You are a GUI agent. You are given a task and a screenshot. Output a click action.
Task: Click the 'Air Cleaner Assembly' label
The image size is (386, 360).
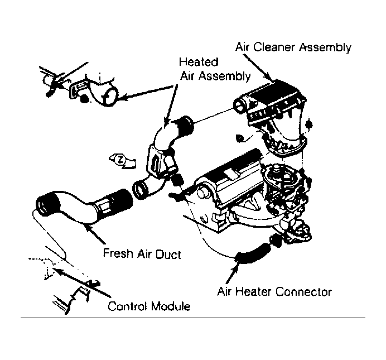coord(293,47)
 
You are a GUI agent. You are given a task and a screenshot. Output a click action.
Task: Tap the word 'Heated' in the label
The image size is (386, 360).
coord(199,62)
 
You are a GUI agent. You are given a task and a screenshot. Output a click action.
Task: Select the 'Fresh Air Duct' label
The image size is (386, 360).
coord(142,253)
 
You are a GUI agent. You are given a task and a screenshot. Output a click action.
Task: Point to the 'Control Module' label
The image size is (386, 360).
coord(149,306)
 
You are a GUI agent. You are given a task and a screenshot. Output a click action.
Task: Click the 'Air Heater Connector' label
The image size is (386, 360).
coord(274,292)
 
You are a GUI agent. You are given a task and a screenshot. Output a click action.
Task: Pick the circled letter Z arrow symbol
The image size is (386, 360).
coord(122,161)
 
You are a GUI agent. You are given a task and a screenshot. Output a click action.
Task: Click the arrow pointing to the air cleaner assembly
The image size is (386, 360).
coord(258,68)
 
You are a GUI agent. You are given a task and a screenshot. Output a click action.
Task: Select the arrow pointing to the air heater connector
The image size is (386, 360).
coord(232,272)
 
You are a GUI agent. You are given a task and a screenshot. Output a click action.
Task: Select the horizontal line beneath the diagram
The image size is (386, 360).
coord(193,318)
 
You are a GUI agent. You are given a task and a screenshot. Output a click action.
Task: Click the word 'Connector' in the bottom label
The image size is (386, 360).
coord(303,292)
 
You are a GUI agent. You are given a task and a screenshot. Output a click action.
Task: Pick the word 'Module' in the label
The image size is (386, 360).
coord(170,306)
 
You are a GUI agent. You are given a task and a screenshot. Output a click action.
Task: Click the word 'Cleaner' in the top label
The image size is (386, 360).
coord(274,47)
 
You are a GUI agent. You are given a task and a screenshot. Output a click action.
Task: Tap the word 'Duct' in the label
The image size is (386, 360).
coord(168,254)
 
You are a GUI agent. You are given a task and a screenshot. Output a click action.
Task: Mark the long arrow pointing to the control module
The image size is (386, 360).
coord(82,282)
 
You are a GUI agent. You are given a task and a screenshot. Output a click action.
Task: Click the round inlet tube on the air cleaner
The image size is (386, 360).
coord(240,105)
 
